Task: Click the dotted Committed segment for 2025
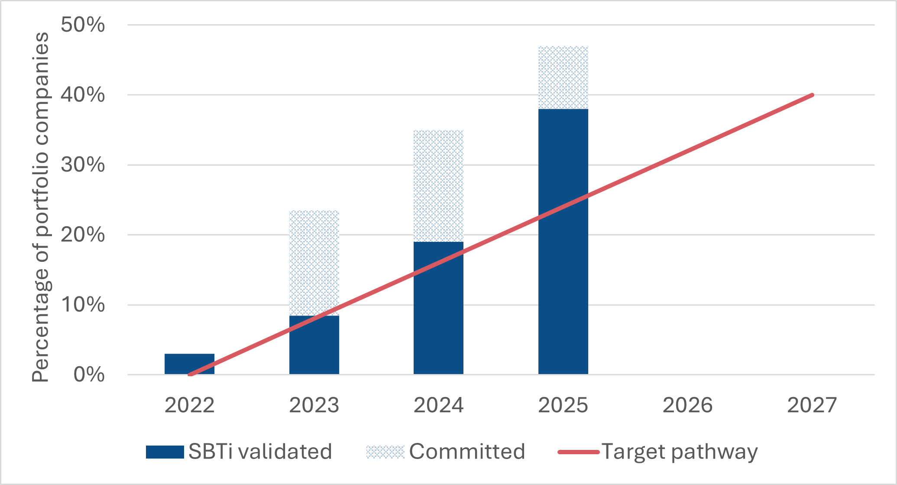click(563, 78)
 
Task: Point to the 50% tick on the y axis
click(83, 25)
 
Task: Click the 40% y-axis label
click(83, 95)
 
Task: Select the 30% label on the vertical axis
click(83, 165)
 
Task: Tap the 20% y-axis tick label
click(83, 235)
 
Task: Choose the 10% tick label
click(83, 305)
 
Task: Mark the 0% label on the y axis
click(89, 374)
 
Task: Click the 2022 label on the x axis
click(189, 406)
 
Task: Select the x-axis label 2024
click(438, 406)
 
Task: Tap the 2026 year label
click(687, 406)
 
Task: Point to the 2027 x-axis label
click(812, 406)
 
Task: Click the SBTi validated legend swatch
click(165, 452)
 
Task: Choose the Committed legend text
click(467, 452)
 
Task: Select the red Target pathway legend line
click(578, 452)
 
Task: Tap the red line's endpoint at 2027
click(812, 95)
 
